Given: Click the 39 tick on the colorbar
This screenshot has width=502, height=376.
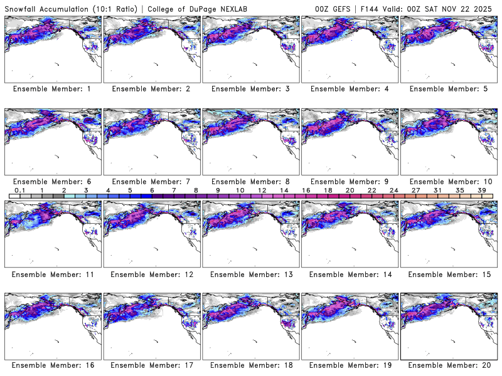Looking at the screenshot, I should click(x=482, y=190).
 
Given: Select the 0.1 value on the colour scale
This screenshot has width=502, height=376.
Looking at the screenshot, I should click(x=19, y=190).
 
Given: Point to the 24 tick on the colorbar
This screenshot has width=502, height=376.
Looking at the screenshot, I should click(x=394, y=190).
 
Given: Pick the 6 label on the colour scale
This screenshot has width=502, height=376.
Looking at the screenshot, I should click(x=152, y=190).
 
